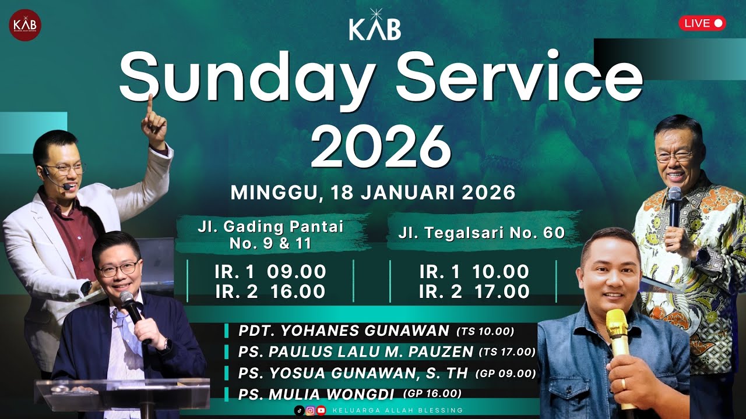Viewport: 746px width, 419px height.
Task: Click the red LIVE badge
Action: click(x=702, y=23)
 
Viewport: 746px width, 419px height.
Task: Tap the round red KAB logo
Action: click(x=25, y=25)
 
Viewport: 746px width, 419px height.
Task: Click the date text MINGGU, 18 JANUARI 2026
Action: click(x=373, y=193)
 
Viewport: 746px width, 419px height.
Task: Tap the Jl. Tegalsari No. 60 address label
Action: click(x=482, y=233)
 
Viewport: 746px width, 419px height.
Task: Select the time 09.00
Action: click(x=296, y=272)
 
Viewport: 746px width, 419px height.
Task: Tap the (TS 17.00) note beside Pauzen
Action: click(x=506, y=351)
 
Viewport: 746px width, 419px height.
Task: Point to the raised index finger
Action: click(x=150, y=105)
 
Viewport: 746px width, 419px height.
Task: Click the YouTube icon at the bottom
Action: click(x=321, y=410)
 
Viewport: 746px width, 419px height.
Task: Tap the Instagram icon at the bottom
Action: click(x=310, y=410)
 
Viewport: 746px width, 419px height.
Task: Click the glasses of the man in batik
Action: click(x=674, y=156)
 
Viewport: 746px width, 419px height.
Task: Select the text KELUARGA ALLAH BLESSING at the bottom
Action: click(x=397, y=410)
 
